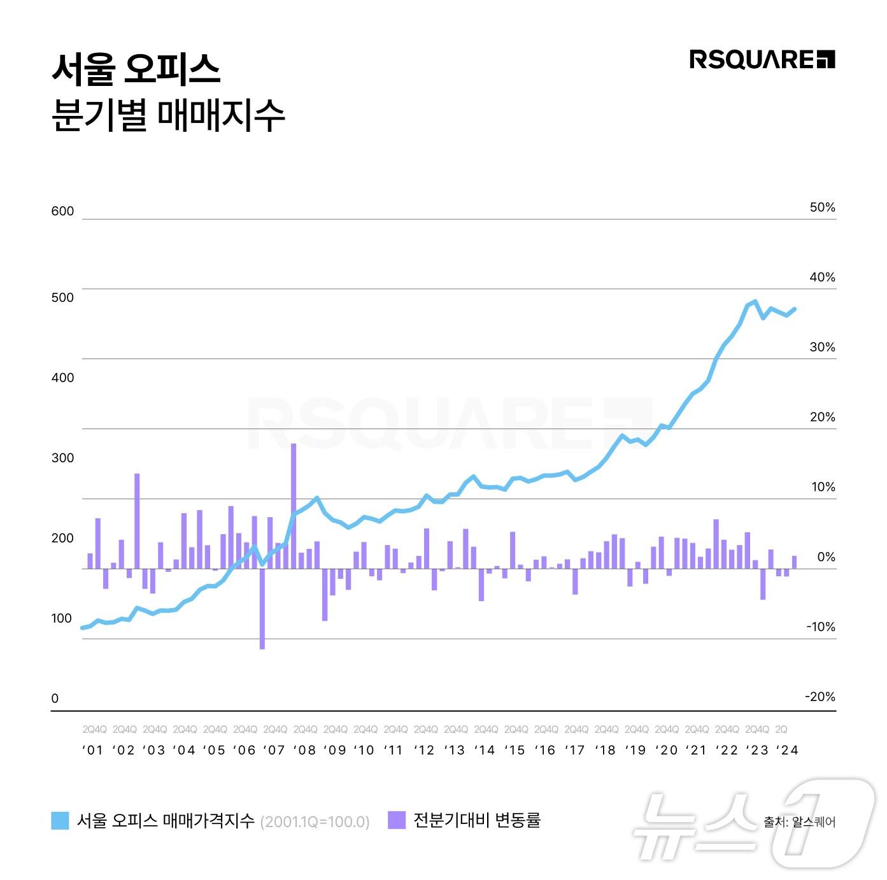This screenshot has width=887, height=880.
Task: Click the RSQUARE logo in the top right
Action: [x=762, y=60]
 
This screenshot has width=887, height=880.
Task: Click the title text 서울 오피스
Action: [x=136, y=69]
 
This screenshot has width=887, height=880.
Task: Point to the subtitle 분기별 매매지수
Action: [x=167, y=115]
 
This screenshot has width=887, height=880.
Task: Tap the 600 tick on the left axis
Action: [x=62, y=211]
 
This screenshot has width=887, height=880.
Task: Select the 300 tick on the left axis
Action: [x=62, y=458]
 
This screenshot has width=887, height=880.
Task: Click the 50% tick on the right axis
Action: [x=822, y=208]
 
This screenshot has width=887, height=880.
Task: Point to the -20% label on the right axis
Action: [x=820, y=697]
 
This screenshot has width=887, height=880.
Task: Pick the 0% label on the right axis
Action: [x=826, y=557]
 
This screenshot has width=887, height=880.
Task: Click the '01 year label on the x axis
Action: [x=93, y=750]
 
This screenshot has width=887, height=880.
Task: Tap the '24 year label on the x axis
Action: [x=788, y=750]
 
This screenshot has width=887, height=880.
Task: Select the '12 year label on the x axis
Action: [x=424, y=750]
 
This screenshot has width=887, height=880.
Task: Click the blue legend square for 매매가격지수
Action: [x=60, y=820]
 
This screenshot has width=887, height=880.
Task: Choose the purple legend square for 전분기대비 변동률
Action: [x=396, y=820]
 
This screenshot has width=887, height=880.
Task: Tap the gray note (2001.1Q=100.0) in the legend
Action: [x=315, y=821]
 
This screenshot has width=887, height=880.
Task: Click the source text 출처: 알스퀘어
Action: [x=800, y=822]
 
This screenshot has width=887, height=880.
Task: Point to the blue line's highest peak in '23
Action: [x=755, y=301]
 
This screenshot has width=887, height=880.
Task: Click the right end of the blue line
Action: [x=795, y=309]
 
